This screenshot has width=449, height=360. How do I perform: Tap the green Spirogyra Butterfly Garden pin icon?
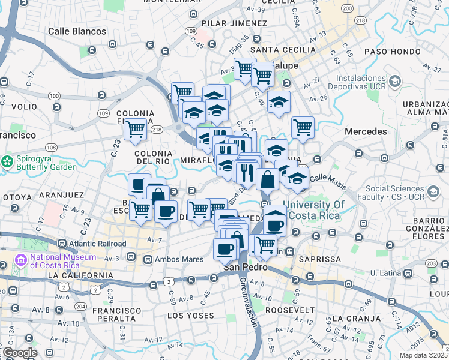pos(8,162)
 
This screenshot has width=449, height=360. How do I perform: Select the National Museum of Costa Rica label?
pos(63,262)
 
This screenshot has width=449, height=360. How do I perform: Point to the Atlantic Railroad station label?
pos(97,244)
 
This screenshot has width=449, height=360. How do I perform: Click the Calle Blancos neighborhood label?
pos(77,31)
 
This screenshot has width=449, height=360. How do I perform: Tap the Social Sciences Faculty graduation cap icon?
pos(432,192)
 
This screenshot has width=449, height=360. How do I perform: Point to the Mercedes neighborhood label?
pos(366,131)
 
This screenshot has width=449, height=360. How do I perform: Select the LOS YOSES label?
pos(190,316)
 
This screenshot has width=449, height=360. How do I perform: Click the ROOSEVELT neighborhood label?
pos(290,310)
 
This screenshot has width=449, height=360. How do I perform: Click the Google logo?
pos(20,353)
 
